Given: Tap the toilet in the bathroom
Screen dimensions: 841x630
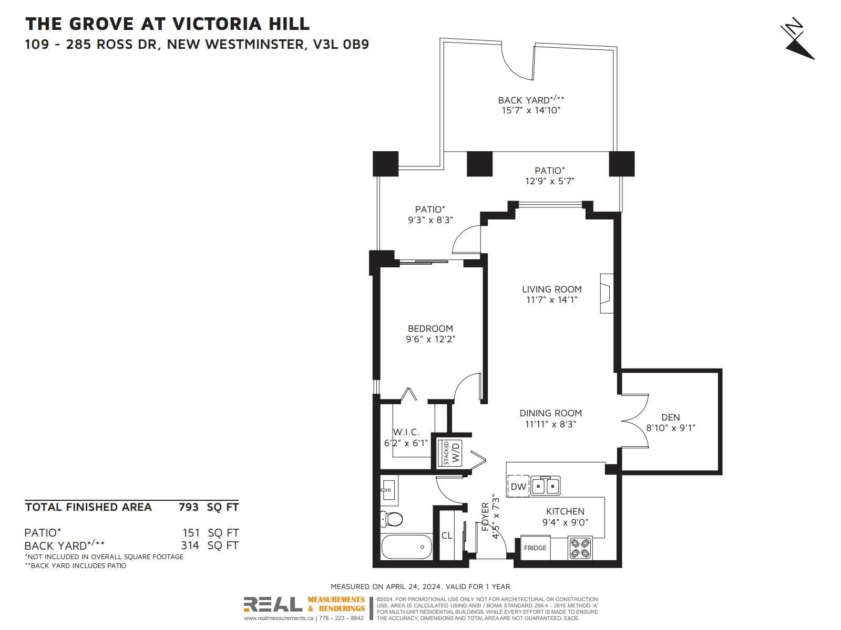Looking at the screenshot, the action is [391, 519].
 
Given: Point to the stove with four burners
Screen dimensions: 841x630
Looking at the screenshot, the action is [580, 548].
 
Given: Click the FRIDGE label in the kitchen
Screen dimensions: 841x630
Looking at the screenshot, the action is [535, 548].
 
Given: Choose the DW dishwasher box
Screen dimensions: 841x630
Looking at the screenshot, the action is [518, 486].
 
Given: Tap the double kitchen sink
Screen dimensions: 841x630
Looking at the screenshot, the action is [545, 486].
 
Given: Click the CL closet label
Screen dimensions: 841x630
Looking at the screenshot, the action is [447, 535].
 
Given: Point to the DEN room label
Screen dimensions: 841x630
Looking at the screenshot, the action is [671, 417].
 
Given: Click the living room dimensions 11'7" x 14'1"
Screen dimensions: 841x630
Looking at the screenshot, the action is [552, 300].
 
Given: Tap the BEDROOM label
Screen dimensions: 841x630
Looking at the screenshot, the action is [430, 329].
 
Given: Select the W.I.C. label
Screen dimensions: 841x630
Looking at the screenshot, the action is [406, 432].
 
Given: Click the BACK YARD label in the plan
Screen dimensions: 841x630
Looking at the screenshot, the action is [524, 100].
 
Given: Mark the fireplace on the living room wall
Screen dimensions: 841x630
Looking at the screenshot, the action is [607, 293].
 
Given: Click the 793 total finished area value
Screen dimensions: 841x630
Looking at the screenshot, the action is [189, 507].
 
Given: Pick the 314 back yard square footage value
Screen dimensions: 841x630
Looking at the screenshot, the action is [190, 545].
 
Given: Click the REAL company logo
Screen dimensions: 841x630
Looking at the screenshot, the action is [273, 604].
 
